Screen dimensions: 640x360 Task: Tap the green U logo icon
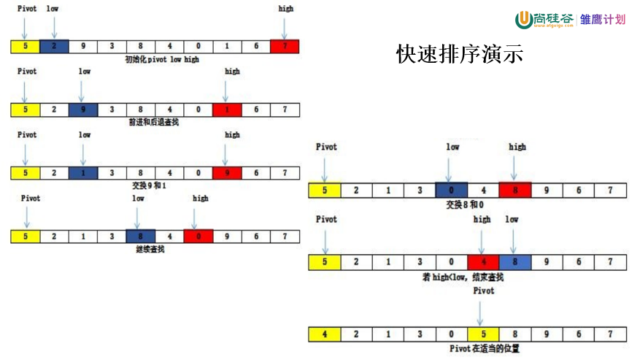[523, 20]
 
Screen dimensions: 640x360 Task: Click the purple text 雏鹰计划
[603, 20]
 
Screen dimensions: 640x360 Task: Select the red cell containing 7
[284, 46]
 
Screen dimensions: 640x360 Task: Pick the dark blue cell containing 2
[54, 46]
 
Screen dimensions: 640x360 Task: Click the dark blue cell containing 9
[82, 110]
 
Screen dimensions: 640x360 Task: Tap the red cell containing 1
[227, 110]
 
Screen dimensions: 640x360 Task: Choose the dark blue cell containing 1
[82, 173]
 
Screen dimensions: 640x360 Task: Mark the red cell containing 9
[227, 173]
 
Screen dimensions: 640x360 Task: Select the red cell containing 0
[198, 236]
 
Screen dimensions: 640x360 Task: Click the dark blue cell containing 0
[452, 191]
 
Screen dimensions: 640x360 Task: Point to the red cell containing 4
[482, 262]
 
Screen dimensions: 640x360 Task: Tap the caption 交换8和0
[466, 204]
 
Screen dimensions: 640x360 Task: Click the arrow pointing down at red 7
[285, 27]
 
